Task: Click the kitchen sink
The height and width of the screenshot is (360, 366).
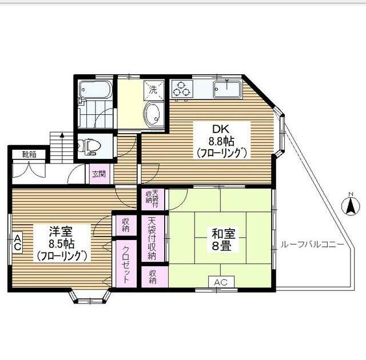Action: pyautogui.click(x=227, y=89)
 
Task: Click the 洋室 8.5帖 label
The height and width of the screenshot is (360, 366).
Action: pyautogui.click(x=62, y=243)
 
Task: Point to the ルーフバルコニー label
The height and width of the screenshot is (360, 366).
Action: pyautogui.click(x=312, y=245)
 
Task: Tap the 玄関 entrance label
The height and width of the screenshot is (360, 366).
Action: pyautogui.click(x=98, y=174)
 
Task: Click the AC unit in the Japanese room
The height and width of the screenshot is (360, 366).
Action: pyautogui.click(x=221, y=282)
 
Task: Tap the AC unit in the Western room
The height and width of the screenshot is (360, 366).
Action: pyautogui.click(x=17, y=242)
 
